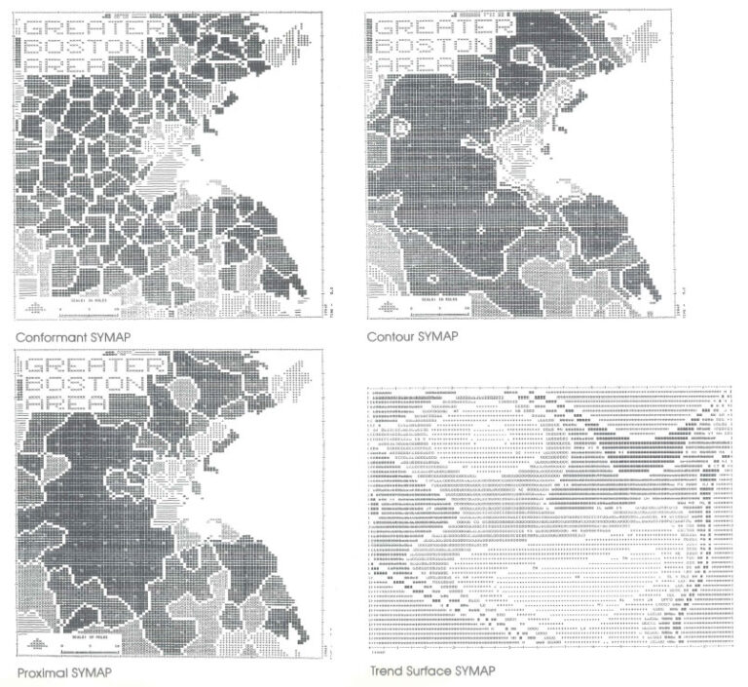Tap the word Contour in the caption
click(388, 337)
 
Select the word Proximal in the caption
click(39, 673)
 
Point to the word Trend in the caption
click(386, 671)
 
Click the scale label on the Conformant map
click(87, 298)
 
